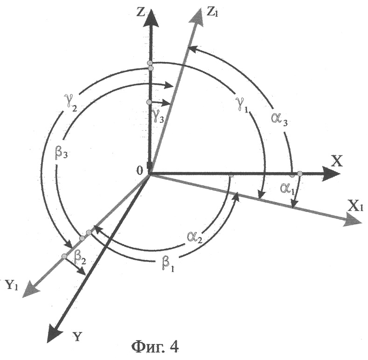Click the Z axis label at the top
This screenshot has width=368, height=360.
(140, 13)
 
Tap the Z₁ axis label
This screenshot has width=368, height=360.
(212, 13)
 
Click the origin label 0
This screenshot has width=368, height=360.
(139, 171)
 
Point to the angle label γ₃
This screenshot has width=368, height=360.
(158, 115)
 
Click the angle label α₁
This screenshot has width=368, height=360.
(287, 189)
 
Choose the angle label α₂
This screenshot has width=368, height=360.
(194, 237)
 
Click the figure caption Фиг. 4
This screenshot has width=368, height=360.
(155, 347)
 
